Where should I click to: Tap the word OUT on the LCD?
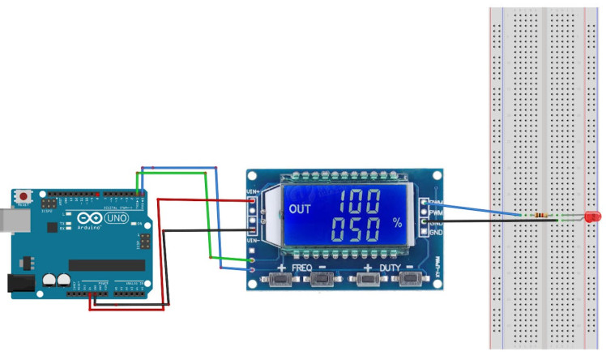coord(299,208)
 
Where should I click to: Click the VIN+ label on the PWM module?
coord(252,192)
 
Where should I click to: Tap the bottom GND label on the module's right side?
coord(436,233)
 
